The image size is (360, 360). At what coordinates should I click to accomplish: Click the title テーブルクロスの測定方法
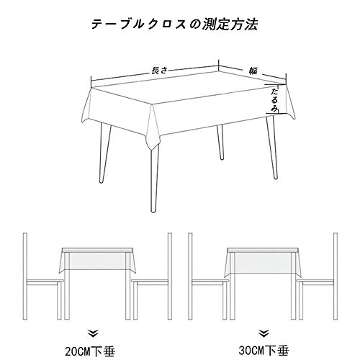click(x=174, y=24)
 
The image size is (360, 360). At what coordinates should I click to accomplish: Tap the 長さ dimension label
click(x=158, y=71)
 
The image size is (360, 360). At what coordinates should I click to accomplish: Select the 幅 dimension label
click(x=253, y=71)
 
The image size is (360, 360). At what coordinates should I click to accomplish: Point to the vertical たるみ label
click(x=274, y=100)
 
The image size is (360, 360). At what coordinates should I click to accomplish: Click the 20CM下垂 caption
click(x=90, y=351)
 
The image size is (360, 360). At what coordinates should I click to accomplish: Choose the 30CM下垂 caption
click(x=264, y=351)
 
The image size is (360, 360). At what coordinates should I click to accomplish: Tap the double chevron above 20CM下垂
click(x=93, y=334)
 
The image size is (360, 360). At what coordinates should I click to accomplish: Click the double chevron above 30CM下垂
click(x=264, y=333)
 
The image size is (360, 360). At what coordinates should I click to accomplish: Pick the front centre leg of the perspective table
click(x=154, y=179)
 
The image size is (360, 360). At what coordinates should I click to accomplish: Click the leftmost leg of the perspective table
click(x=105, y=153)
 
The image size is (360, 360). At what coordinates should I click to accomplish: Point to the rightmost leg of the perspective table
click(x=272, y=148)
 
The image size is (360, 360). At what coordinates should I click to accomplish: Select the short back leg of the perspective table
click(x=220, y=143)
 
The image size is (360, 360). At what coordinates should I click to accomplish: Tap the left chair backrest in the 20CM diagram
click(x=24, y=276)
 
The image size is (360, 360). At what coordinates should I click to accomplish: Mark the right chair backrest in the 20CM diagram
click(x=170, y=276)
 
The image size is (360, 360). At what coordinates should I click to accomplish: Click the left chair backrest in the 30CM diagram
click(x=190, y=276)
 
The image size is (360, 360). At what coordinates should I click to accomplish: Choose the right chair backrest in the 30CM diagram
click(x=336, y=276)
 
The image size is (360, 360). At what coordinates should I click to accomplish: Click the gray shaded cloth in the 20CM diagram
click(x=97, y=261)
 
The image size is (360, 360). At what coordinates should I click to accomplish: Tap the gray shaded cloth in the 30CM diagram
click(x=263, y=263)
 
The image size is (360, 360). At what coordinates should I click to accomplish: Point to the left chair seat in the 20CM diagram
click(x=45, y=282)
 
